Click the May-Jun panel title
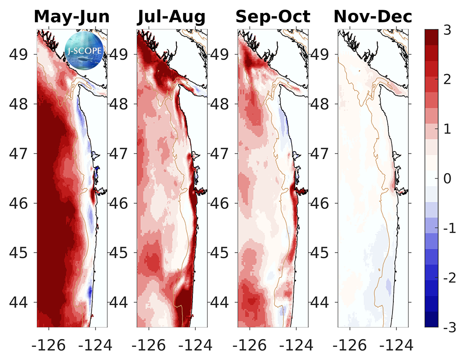(72, 17)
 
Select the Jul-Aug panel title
(172, 17)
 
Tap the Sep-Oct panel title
(272, 17)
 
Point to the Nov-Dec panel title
(373, 17)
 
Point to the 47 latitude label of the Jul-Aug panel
(120, 153)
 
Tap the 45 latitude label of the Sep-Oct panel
(222, 253)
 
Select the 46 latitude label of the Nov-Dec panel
(321, 203)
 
